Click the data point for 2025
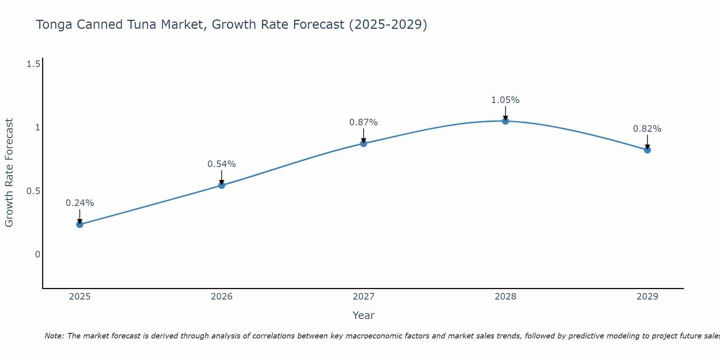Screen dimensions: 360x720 coord(80,224)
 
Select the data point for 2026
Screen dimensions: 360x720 coord(222,185)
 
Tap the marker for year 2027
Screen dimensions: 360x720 coord(364,143)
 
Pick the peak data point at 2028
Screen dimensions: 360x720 coord(505,121)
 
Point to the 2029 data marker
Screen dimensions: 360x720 coord(647,150)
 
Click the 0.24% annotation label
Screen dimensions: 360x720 coord(80,203)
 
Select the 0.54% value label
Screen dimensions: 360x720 coord(222,164)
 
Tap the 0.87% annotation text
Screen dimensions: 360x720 coord(364,122)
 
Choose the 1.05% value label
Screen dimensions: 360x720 coord(505,100)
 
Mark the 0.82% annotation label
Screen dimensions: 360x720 coord(647,129)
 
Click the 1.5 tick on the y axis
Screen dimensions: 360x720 coord(33,64)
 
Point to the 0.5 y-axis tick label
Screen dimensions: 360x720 coord(33,191)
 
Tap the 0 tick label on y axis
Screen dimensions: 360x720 coord(37,255)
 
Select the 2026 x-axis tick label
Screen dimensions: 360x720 coord(222,297)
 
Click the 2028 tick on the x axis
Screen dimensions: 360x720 coord(505,297)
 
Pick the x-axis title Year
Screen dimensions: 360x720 coord(364,315)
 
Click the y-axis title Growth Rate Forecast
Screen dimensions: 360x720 coord(9,173)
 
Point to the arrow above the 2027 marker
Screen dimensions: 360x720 coord(364,135)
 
